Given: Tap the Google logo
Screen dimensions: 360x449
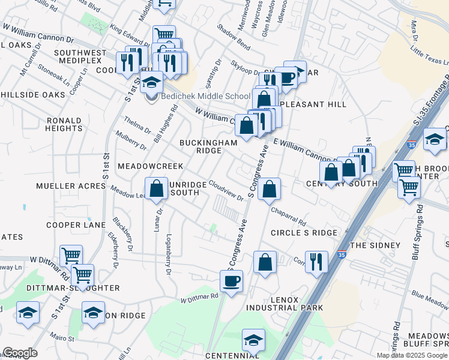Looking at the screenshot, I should click(x=20, y=353).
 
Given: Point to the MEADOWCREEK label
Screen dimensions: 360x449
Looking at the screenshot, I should click(x=142, y=166).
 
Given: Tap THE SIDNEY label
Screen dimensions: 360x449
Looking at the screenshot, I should click(x=375, y=245).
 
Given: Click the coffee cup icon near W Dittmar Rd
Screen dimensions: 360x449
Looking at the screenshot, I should click(x=231, y=281).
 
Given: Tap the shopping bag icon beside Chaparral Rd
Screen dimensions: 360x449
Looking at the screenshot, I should click(x=270, y=189).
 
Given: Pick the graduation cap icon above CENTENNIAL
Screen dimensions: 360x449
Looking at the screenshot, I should click(x=254, y=340).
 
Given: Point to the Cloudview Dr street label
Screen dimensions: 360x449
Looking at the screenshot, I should click(x=227, y=190).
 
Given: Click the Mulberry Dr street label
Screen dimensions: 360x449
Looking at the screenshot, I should click(x=131, y=141).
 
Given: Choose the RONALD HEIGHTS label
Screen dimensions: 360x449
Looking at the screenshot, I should click(x=64, y=124).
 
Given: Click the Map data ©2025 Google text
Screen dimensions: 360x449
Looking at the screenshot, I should click(x=412, y=355).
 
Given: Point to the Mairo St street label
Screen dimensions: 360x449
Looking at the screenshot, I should click(x=62, y=337).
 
